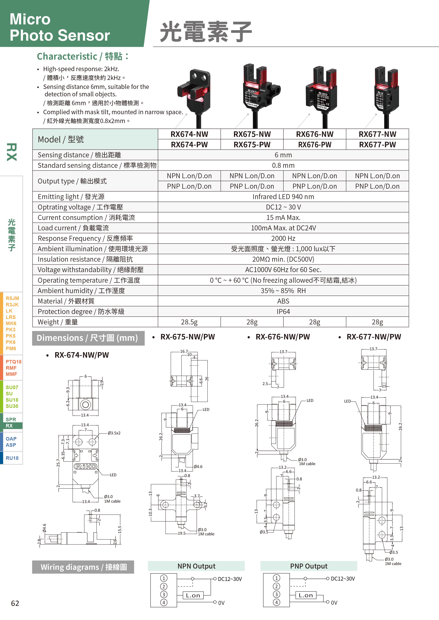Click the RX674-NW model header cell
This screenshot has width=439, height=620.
click(x=189, y=134)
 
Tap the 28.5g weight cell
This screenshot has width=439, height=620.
click(x=189, y=322)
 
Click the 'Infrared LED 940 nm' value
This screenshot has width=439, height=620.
click(x=283, y=197)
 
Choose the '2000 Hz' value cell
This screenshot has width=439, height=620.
click(x=283, y=238)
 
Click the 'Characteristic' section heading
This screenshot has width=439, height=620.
click(x=83, y=56)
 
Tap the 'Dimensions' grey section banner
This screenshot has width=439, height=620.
click(x=88, y=338)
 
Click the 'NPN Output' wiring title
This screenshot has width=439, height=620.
click(x=196, y=566)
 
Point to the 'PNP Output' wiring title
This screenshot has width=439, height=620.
click(x=309, y=566)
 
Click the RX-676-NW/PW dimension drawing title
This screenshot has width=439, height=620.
click(x=283, y=337)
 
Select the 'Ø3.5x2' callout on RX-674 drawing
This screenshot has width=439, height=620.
click(x=114, y=433)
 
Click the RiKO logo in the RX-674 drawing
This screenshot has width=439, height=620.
click(x=85, y=466)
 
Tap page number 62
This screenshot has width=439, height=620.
click(x=15, y=603)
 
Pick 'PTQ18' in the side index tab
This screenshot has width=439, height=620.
click(x=13, y=362)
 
